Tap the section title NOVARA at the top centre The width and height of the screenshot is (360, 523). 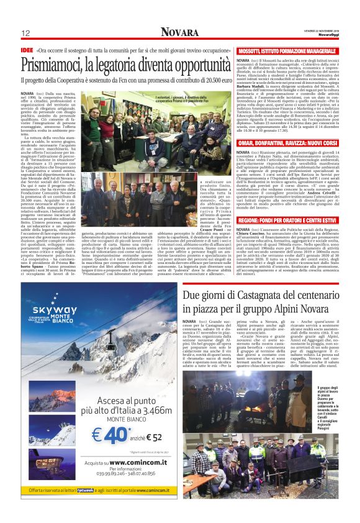click(179, 32)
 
